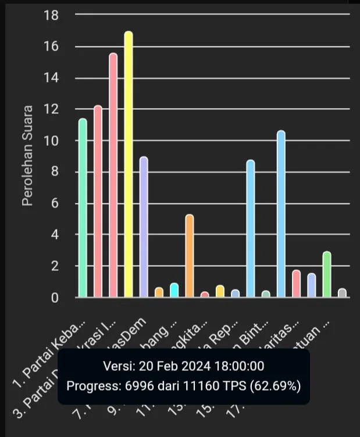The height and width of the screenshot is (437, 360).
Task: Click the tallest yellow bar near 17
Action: [x=129, y=166]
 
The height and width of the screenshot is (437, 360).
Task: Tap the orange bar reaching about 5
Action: [x=190, y=256]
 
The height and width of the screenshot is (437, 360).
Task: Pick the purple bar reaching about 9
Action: [x=144, y=227]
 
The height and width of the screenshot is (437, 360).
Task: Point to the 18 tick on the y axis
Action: [x=51, y=16]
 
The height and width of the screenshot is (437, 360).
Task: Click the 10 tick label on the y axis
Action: [x=51, y=141]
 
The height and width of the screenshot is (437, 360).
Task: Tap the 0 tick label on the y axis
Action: [x=55, y=298]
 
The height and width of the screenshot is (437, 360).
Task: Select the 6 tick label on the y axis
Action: [x=55, y=204]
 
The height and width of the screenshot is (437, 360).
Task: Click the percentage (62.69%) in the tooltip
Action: [x=275, y=385]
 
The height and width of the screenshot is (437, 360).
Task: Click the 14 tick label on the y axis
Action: [x=51, y=78]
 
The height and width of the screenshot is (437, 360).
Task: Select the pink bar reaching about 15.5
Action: [x=113, y=174]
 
